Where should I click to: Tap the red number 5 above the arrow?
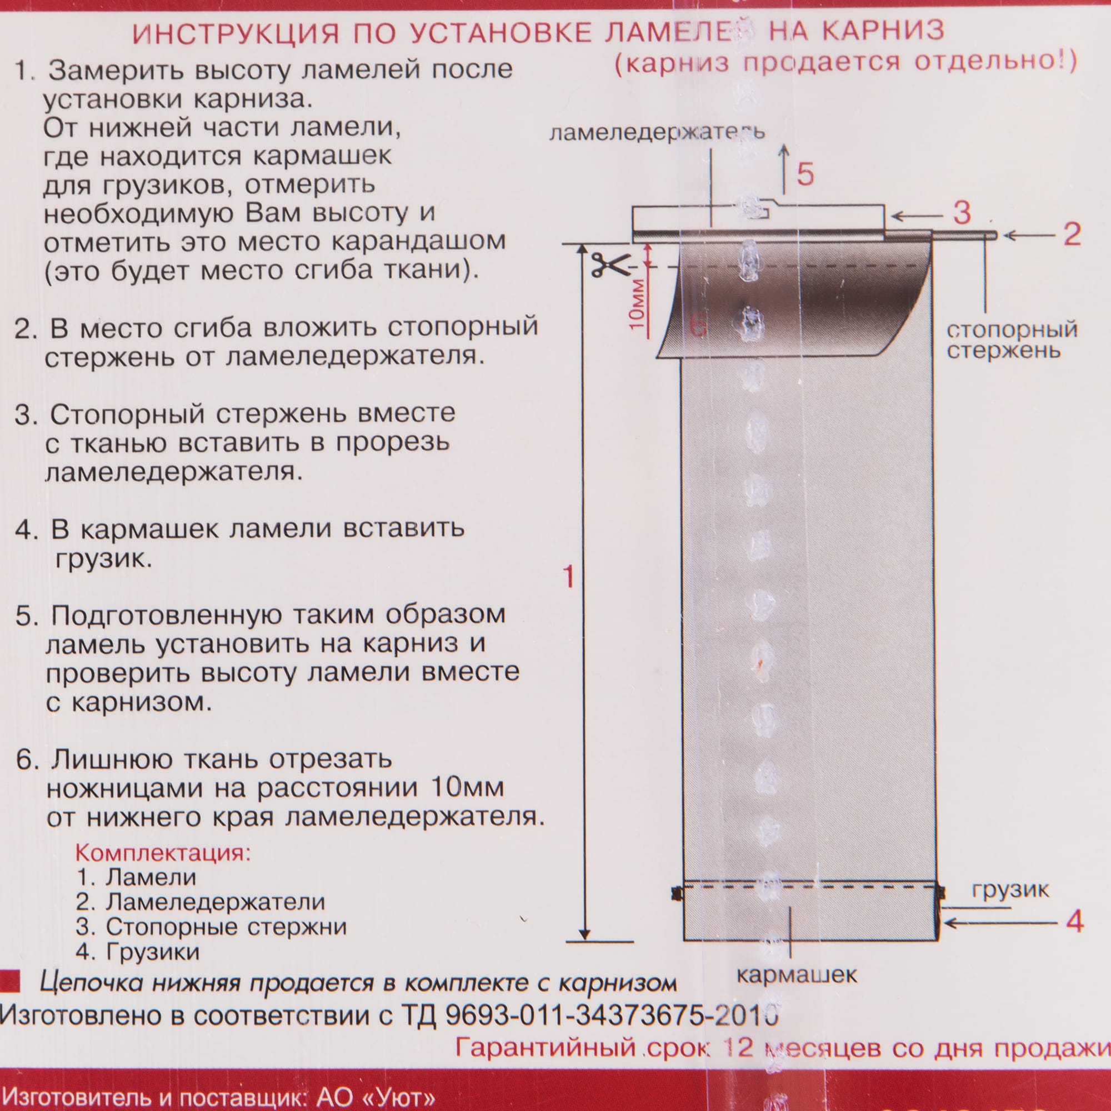[805, 174]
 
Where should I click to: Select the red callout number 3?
[962, 213]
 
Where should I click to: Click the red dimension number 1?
[569, 577]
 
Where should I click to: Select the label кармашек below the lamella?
[797, 975]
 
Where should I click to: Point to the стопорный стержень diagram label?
[1012, 340]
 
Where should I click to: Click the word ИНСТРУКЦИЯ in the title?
[236, 33]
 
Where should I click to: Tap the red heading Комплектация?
[163, 852]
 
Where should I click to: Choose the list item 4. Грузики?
[138, 952]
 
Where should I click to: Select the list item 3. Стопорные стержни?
[211, 927]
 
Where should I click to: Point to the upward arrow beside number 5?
[783, 169]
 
